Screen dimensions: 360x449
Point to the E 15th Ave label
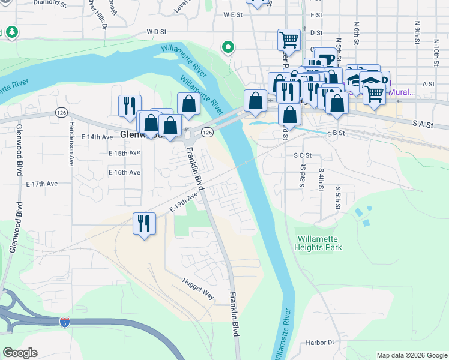click(124, 153)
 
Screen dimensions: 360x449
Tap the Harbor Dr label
click(319, 343)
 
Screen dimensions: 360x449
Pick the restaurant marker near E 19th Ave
click(144, 224)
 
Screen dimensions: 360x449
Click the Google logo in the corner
click(20, 353)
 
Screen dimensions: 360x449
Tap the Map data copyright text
click(411, 355)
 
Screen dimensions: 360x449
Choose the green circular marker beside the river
click(228, 46)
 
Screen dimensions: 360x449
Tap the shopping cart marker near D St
click(289, 40)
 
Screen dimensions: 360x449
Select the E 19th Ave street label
click(184, 202)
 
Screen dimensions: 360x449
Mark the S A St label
click(423, 122)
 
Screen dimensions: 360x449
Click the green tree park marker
click(11, 31)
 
